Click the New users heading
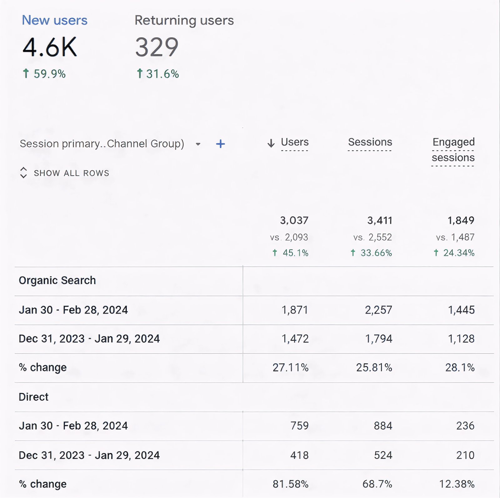click(x=55, y=20)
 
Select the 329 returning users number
click(x=157, y=47)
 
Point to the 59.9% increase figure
click(x=49, y=74)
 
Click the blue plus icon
click(x=220, y=144)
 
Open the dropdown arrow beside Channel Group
click(x=198, y=144)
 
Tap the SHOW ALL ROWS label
click(x=71, y=173)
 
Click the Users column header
click(x=294, y=142)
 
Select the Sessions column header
click(x=370, y=142)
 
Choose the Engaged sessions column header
click(x=453, y=150)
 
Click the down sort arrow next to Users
click(x=271, y=143)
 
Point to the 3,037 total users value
click(x=294, y=220)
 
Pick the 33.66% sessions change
click(x=376, y=253)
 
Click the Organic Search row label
click(x=57, y=280)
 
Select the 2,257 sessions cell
click(x=378, y=310)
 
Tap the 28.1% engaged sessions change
click(x=460, y=367)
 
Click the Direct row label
click(x=34, y=397)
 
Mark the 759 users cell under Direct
click(x=299, y=426)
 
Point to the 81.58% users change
click(x=290, y=484)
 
